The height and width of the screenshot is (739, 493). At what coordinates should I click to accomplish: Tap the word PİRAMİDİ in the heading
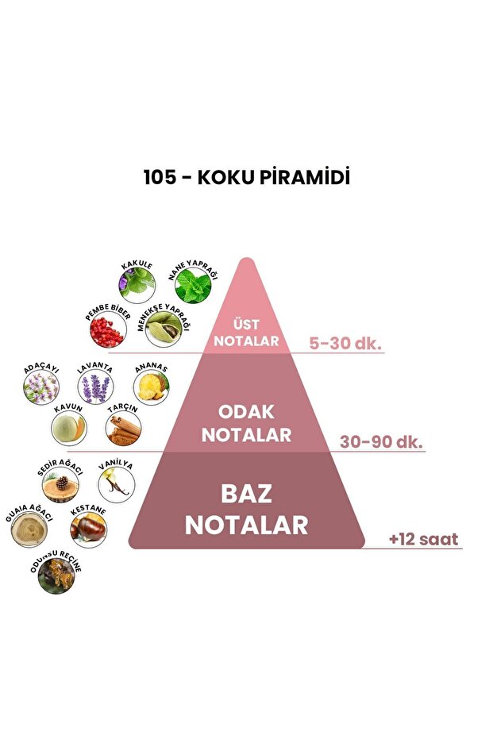point(304,177)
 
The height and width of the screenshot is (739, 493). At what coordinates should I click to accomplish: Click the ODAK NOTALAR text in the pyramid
point(246,424)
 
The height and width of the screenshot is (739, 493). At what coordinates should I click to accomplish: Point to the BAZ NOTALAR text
point(246,509)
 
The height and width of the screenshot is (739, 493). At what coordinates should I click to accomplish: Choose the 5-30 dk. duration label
point(346,343)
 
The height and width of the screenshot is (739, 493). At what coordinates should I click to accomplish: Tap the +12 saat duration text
point(423,540)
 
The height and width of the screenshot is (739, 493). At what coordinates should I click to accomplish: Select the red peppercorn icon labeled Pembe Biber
point(107,332)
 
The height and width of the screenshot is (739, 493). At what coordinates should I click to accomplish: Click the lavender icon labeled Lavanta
point(95,388)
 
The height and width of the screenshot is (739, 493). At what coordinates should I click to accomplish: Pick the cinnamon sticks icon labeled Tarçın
point(123,429)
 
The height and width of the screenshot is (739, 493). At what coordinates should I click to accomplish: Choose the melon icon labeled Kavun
point(68,429)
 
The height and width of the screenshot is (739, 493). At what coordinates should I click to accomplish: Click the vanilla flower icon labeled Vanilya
point(116,484)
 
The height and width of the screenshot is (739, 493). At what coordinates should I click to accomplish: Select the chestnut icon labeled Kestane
point(88,528)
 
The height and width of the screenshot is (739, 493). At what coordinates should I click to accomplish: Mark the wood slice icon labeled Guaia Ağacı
point(29,529)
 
